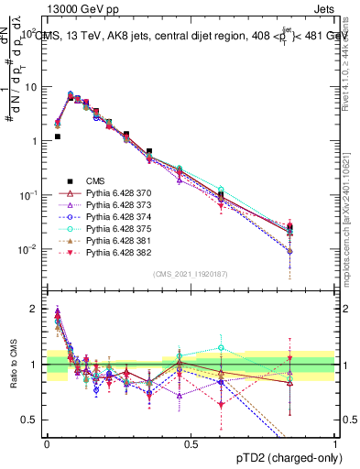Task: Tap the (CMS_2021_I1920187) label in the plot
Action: (x=190, y=274)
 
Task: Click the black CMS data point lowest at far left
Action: (x=58, y=136)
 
